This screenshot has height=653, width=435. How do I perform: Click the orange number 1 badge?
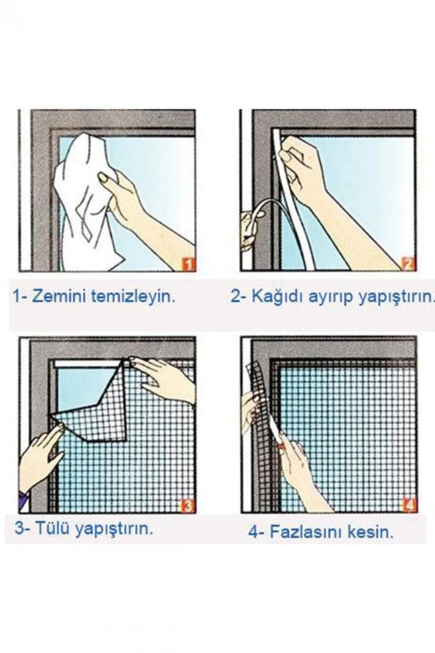[189, 264]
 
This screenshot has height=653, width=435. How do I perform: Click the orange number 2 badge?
[409, 264]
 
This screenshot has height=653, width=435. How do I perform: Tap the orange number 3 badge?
[189, 506]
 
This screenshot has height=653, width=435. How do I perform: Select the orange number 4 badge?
[409, 506]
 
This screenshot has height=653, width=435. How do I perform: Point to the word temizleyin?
[132, 297]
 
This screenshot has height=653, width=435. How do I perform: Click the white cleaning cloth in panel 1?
[88, 200]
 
